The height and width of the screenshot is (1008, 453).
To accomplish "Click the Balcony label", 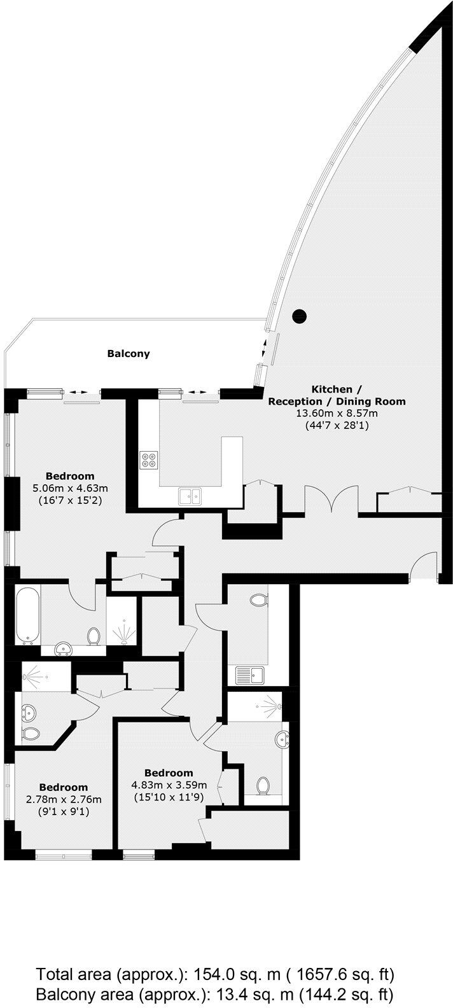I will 129,353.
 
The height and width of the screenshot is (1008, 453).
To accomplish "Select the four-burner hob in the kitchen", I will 150,459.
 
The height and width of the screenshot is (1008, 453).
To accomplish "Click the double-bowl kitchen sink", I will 190,495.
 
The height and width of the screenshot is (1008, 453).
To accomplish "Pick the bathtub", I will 29,614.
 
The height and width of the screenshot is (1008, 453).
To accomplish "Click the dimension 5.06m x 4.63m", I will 70,488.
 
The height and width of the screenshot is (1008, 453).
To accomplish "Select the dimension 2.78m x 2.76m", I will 64,800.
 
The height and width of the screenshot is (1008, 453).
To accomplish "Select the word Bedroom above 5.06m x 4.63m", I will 70,476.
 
